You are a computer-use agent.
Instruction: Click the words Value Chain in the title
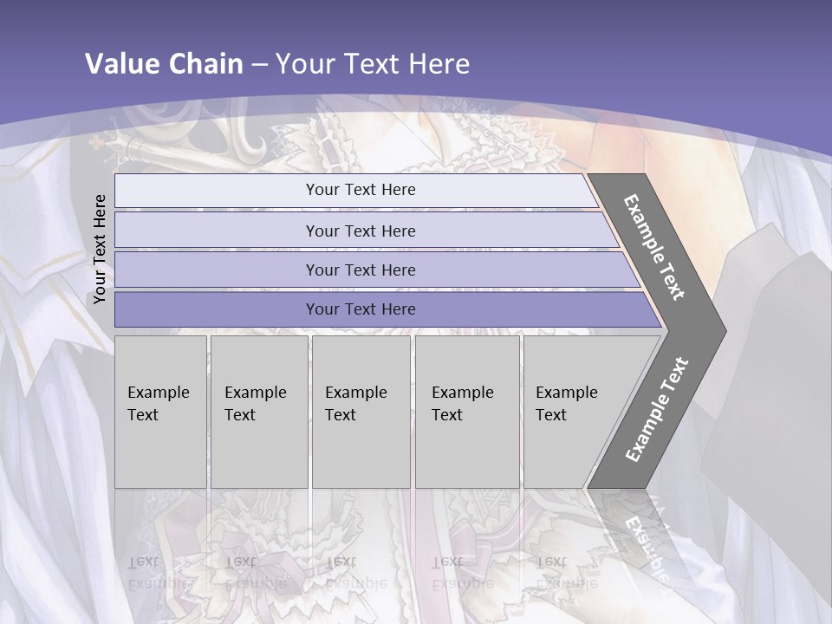point(164,64)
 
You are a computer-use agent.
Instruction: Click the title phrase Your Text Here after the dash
point(373,64)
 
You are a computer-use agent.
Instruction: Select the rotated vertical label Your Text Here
point(100,249)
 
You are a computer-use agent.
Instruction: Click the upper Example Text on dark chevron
point(654,247)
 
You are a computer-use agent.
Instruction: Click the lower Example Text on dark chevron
point(657,409)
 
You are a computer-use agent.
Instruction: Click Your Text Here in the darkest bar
point(361,309)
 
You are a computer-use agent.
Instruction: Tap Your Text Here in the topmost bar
point(361,190)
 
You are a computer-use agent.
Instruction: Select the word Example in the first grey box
point(158,393)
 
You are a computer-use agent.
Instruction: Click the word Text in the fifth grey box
point(551,415)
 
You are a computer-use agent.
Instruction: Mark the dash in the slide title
point(259,65)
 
